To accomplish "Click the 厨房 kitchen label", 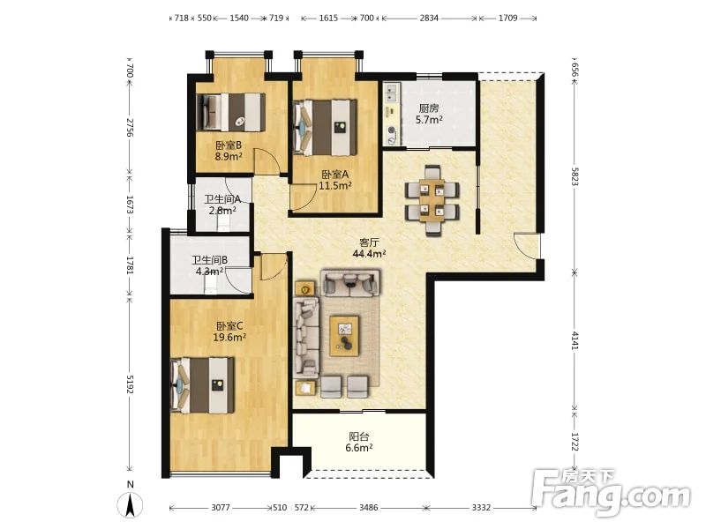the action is pos(429,108).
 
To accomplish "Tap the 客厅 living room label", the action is pos(369,242).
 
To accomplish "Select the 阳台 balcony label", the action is pos(359,436).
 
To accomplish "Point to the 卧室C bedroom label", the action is pos(229,325).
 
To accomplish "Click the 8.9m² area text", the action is pos(229,157).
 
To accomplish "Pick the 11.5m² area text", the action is pos(335,185).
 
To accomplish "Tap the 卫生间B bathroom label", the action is pos(210,260).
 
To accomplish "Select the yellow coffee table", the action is pos(344,336).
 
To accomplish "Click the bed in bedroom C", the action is pos(203,385).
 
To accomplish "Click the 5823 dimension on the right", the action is pos(575,177).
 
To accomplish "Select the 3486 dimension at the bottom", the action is pos(368,508).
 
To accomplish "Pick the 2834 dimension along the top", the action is pos(429,18).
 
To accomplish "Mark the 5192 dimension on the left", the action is pos(130,384).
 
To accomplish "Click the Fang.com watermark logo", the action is pos(611,493).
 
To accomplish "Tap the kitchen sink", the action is pos(390,93).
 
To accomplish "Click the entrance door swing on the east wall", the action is pos(525,246).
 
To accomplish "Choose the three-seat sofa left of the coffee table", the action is pos(306,338).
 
